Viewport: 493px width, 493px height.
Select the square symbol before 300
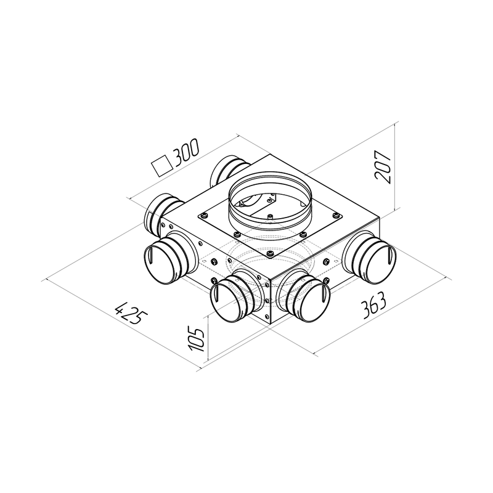tap(162, 165)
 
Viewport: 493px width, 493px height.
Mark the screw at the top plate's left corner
tap(203, 215)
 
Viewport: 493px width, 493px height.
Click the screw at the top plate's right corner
tap(335, 215)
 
